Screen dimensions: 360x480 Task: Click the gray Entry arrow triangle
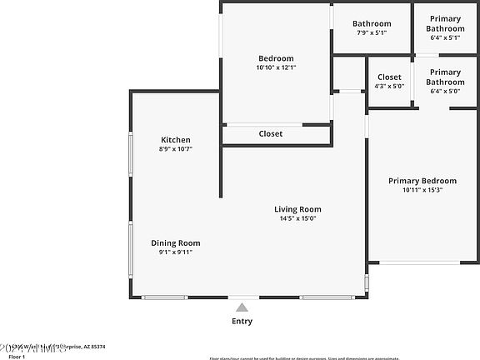[x=242, y=307]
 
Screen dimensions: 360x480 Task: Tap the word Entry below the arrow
[x=242, y=322]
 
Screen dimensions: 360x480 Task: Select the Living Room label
[x=297, y=209]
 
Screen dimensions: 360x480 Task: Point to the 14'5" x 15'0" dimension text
[x=297, y=218]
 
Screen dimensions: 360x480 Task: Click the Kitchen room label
[x=176, y=140]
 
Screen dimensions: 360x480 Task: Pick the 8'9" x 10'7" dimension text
[x=176, y=149]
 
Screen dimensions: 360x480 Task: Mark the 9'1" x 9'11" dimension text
[x=175, y=252]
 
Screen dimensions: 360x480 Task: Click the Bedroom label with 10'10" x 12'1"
[x=276, y=58]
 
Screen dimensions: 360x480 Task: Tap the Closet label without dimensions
[x=270, y=133]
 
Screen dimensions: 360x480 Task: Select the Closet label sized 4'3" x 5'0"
[x=389, y=77]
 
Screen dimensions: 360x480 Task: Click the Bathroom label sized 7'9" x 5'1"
[x=372, y=24]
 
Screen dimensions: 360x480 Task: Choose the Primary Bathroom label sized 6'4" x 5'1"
[x=445, y=23]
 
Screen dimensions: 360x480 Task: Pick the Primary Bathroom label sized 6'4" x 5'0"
[x=445, y=77]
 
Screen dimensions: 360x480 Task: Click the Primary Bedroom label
[x=423, y=181]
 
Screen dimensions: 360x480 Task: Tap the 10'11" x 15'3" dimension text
[x=423, y=190]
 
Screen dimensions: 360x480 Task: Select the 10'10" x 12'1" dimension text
[x=276, y=67]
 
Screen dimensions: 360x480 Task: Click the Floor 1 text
[x=17, y=356]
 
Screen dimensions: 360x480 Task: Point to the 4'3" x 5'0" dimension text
[x=389, y=86]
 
